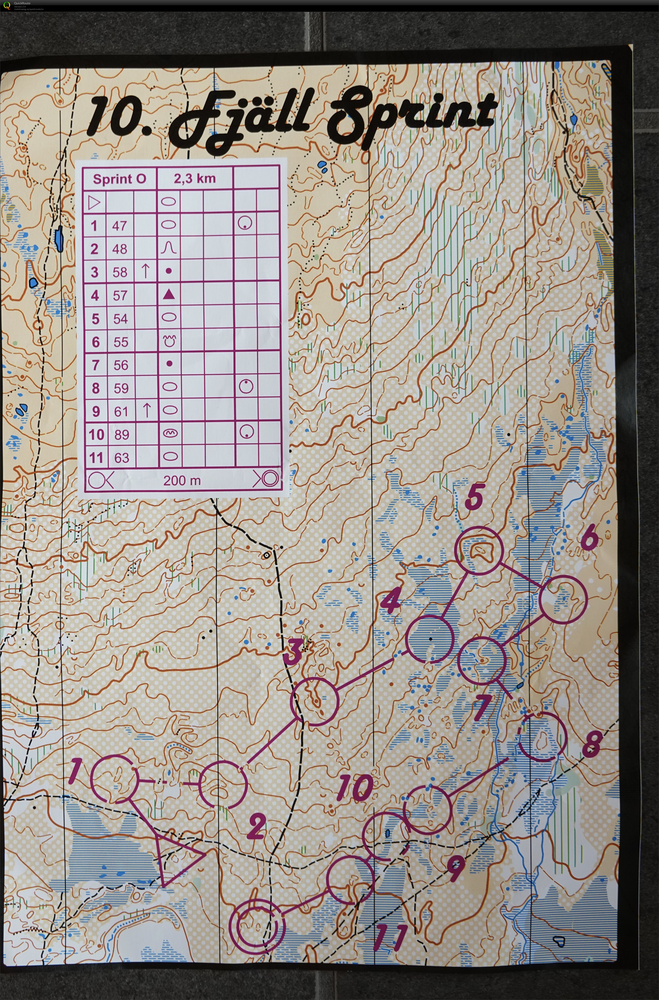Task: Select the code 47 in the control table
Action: pyautogui.click(x=119, y=226)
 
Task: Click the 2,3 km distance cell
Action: pyautogui.click(x=195, y=179)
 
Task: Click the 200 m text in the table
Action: pyautogui.click(x=182, y=480)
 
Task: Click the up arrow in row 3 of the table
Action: pyautogui.click(x=145, y=271)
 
